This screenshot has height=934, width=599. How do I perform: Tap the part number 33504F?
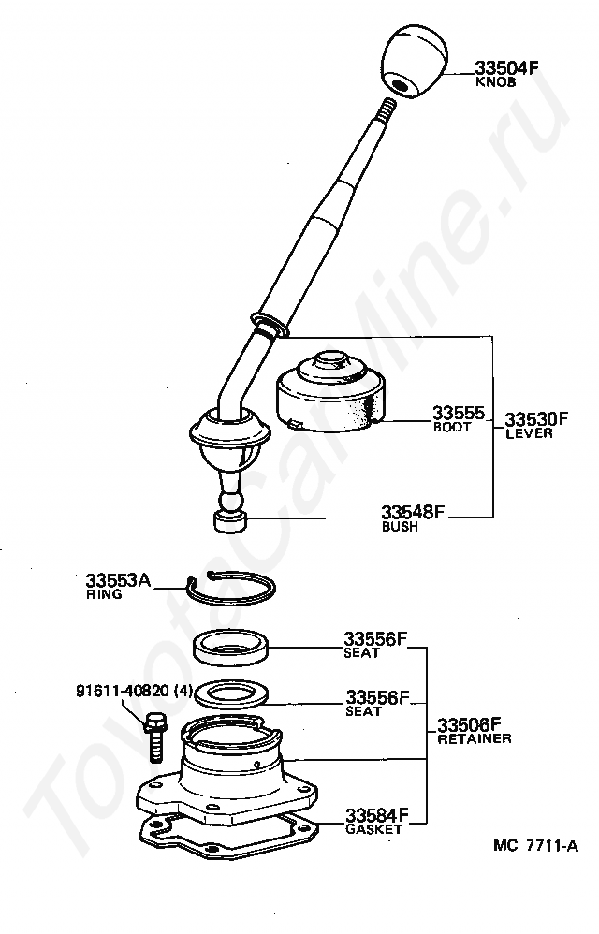(506, 67)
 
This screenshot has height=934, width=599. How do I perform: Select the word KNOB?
(495, 82)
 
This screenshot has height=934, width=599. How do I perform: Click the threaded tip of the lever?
(387, 109)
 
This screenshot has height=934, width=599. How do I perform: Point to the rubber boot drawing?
(330, 391)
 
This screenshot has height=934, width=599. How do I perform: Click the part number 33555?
(459, 413)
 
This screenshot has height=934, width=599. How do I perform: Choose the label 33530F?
(536, 418)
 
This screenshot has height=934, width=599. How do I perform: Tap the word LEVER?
(529, 433)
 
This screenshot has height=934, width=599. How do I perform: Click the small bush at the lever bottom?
(230, 521)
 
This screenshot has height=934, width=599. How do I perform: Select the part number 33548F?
(413, 512)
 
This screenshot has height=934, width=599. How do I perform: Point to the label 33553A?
(118, 579)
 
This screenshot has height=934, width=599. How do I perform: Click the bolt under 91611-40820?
(154, 737)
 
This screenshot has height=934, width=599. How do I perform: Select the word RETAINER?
(474, 738)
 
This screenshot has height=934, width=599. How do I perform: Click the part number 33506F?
(469, 724)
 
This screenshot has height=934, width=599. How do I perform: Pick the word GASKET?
(373, 829)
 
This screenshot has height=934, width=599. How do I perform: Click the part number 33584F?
(377, 814)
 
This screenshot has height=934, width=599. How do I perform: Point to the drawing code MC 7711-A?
(535, 846)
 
